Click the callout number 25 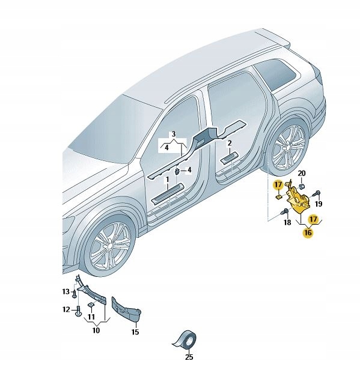(189, 357)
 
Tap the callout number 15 (135, 332)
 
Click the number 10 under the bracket (96, 330)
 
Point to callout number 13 (66, 292)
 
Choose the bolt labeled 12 (78, 311)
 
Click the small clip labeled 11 (91, 305)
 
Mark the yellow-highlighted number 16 (308, 232)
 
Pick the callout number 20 (302, 173)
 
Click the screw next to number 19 (317, 193)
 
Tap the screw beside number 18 (284, 211)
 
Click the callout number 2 (230, 143)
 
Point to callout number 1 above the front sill (167, 180)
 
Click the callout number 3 (173, 134)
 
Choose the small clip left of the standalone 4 (177, 171)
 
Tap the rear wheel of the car (288, 147)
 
